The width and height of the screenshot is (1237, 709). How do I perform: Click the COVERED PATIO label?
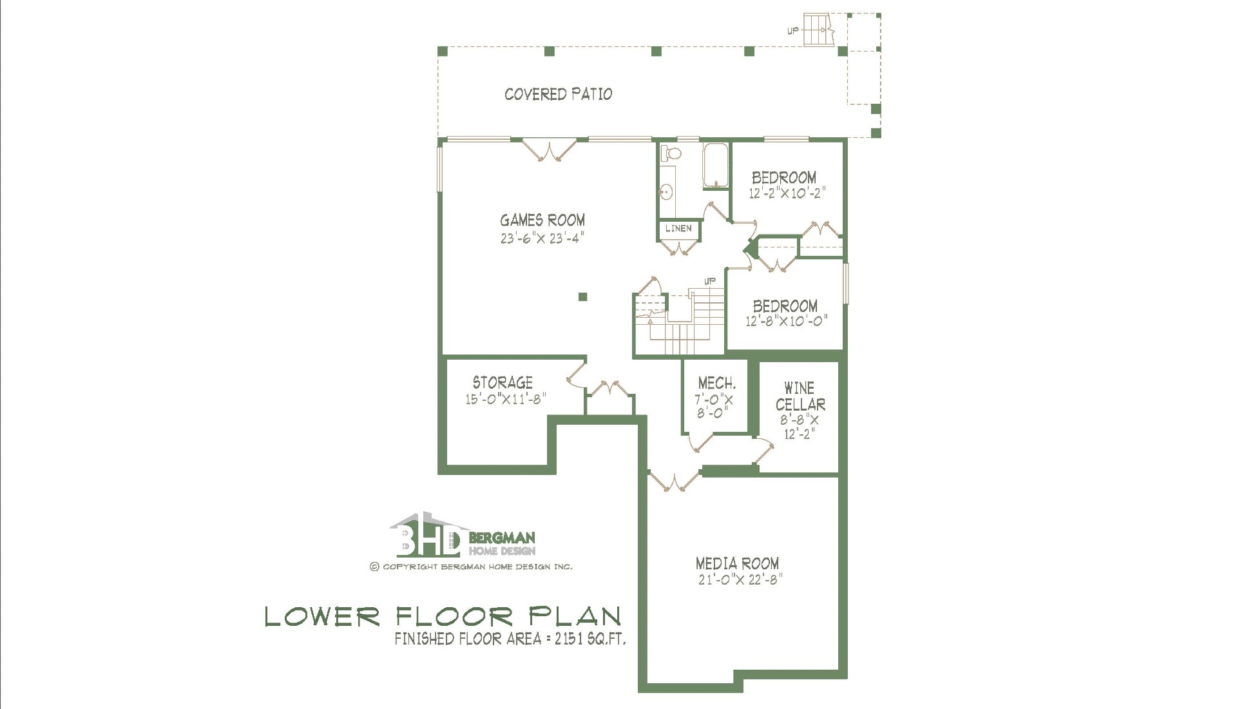(x=558, y=94)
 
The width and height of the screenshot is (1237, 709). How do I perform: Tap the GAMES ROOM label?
(x=542, y=220)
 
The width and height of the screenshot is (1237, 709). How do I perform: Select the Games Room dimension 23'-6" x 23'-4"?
(x=542, y=238)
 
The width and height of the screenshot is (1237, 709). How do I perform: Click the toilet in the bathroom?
(x=671, y=154)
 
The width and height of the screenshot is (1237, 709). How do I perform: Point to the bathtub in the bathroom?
(x=715, y=166)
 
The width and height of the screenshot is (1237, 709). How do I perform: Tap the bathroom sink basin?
(x=667, y=191)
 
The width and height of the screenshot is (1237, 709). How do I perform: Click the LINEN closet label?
(x=678, y=228)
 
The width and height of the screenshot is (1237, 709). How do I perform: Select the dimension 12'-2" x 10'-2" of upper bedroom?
(x=787, y=193)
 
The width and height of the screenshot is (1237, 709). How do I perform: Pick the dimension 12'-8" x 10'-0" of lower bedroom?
(x=786, y=321)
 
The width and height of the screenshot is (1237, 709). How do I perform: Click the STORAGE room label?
(x=503, y=382)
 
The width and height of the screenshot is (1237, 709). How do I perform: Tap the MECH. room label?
(x=716, y=384)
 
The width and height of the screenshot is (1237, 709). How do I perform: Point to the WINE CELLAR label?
(x=800, y=396)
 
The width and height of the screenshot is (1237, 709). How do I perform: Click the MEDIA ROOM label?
(x=737, y=564)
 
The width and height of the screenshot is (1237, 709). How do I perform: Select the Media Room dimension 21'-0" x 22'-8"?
(x=740, y=580)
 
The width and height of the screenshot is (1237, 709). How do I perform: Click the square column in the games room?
(x=582, y=296)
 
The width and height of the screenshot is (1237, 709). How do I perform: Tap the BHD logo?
(x=425, y=535)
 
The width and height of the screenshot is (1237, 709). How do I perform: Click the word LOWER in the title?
(x=323, y=617)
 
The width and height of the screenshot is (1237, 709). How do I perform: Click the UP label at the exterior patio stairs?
(x=793, y=31)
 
